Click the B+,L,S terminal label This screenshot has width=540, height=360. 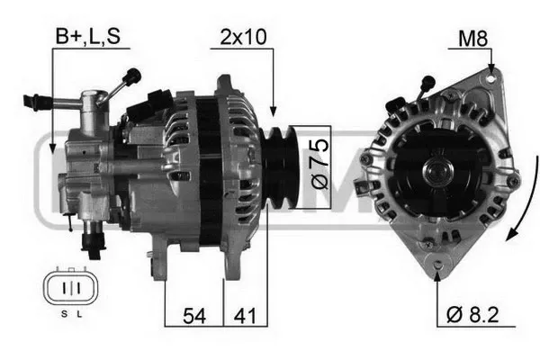point(88,36)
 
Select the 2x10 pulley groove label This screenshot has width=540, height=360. point(243,37)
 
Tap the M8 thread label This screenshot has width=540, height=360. point(472,39)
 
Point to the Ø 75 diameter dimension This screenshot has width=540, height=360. point(319,163)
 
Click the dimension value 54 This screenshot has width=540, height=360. point(194,316)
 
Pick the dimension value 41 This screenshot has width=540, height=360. point(245,316)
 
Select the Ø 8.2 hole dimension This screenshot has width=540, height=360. point(472,314)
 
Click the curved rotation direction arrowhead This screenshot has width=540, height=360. point(512,235)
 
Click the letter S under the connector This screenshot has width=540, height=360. point(64,314)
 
